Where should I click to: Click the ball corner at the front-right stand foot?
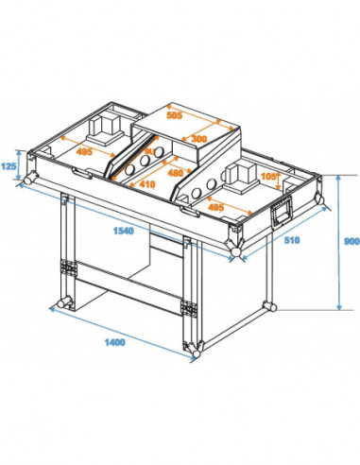(193, 351)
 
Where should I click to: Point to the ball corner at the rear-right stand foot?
(271, 306)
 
